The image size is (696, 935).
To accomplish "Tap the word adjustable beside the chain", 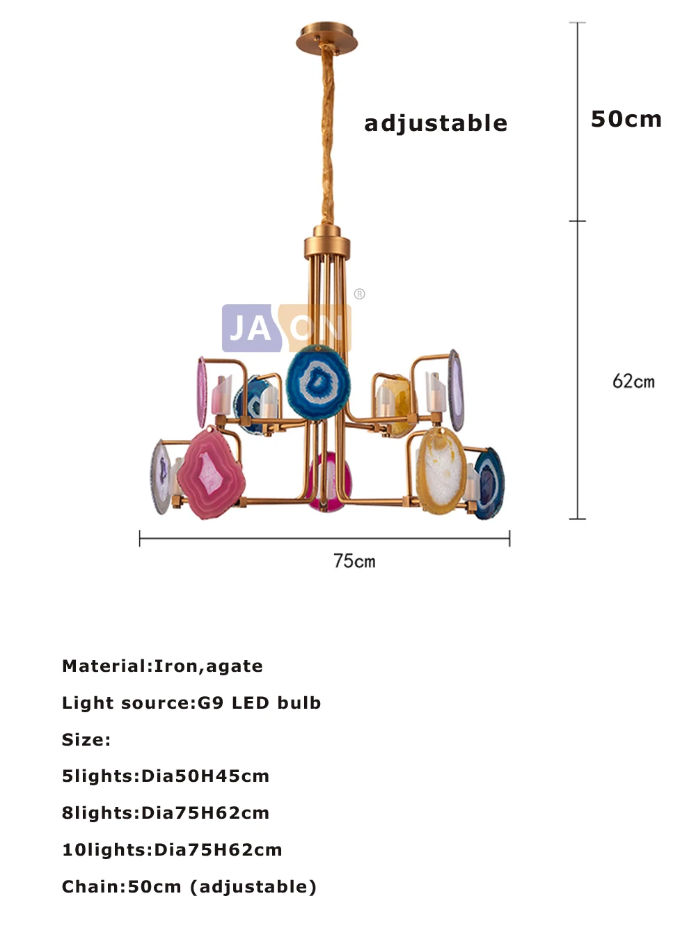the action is coord(436,123).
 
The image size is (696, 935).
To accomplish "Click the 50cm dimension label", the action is coord(626,119).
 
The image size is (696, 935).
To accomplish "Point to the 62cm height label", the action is coord(633,382).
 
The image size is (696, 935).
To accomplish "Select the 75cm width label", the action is coord(354,561).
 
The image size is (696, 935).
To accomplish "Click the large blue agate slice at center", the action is coord(318,382).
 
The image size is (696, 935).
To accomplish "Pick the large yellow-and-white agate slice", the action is coord(441,471).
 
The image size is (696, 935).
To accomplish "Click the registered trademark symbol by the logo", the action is coord(359,294).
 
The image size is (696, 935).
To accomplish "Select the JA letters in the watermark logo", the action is coord(251,328).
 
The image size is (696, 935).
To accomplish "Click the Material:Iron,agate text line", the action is coord(162,666).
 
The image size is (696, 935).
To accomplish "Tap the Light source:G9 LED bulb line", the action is coord(191,703).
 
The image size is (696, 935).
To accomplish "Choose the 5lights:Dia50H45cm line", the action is coord(165,776).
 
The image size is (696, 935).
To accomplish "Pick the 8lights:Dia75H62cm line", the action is coord(165,813).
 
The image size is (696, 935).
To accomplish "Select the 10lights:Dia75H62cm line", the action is coord(172,850).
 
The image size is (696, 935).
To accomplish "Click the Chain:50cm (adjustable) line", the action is coord(189,887).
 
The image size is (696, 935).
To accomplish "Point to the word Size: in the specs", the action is coord(86,739).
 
